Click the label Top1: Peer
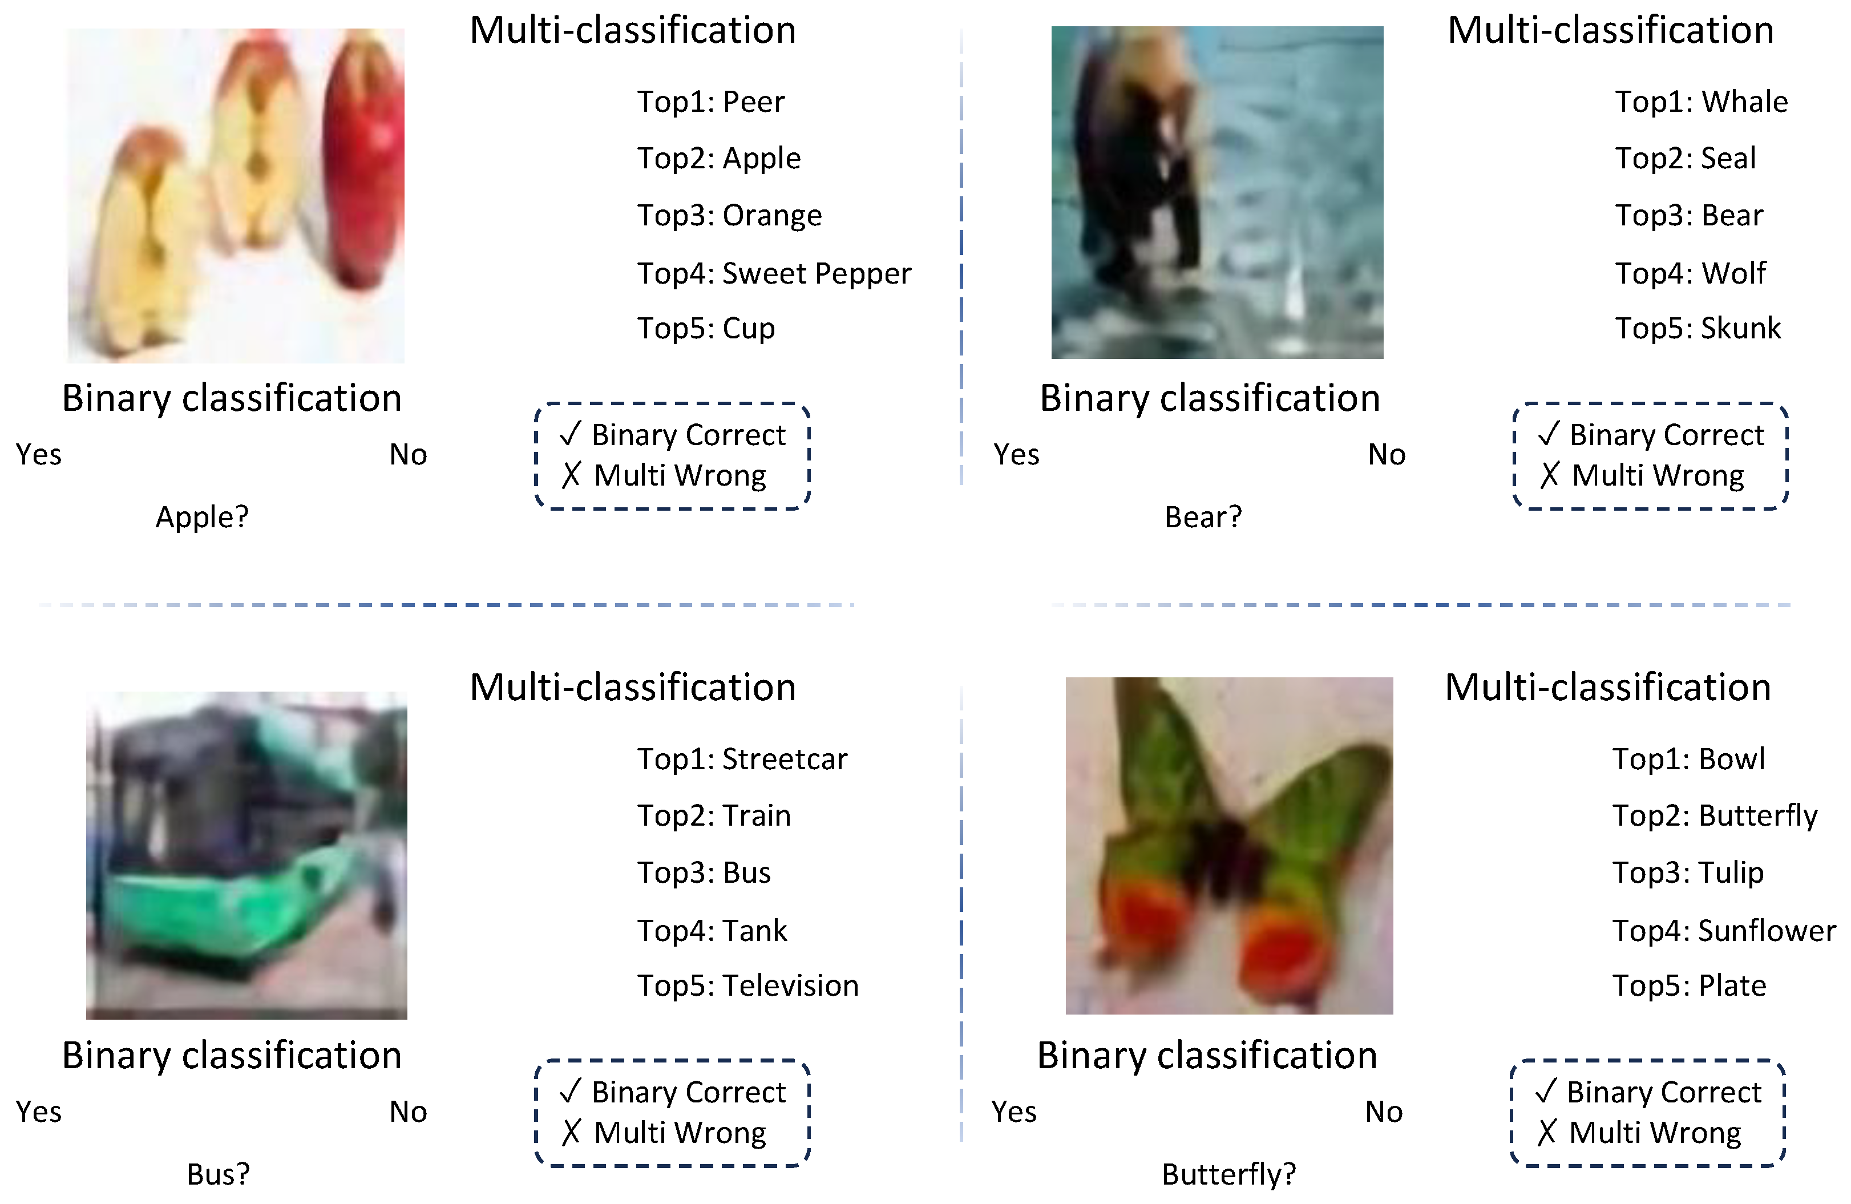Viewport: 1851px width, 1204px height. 711,102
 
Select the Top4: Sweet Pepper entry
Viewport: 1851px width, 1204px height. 774,274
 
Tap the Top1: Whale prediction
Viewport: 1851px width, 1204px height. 1701,102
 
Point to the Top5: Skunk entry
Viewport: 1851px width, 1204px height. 1697,328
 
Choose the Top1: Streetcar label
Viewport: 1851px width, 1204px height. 742,759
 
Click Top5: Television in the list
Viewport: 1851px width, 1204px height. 747,985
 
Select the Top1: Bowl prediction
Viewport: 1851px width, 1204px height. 1688,759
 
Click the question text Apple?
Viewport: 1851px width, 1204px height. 202,517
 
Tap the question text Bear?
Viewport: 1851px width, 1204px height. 1203,517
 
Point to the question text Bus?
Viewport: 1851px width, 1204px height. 219,1174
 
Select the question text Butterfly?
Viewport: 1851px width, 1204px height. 1229,1174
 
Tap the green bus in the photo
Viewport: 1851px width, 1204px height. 249,848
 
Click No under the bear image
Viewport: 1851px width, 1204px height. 1387,454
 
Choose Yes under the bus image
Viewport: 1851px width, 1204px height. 39,1112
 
